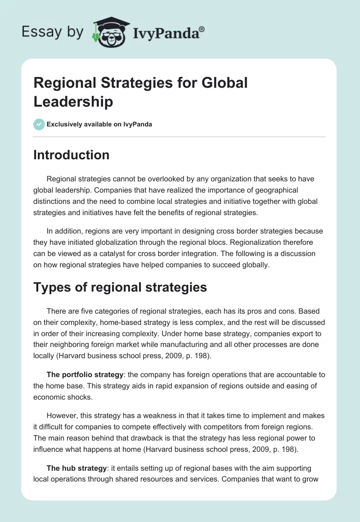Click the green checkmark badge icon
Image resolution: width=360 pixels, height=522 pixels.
pos(39,124)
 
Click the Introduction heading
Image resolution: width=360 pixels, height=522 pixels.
pos(72,155)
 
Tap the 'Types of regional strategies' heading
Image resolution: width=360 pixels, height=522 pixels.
pos(120,287)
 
